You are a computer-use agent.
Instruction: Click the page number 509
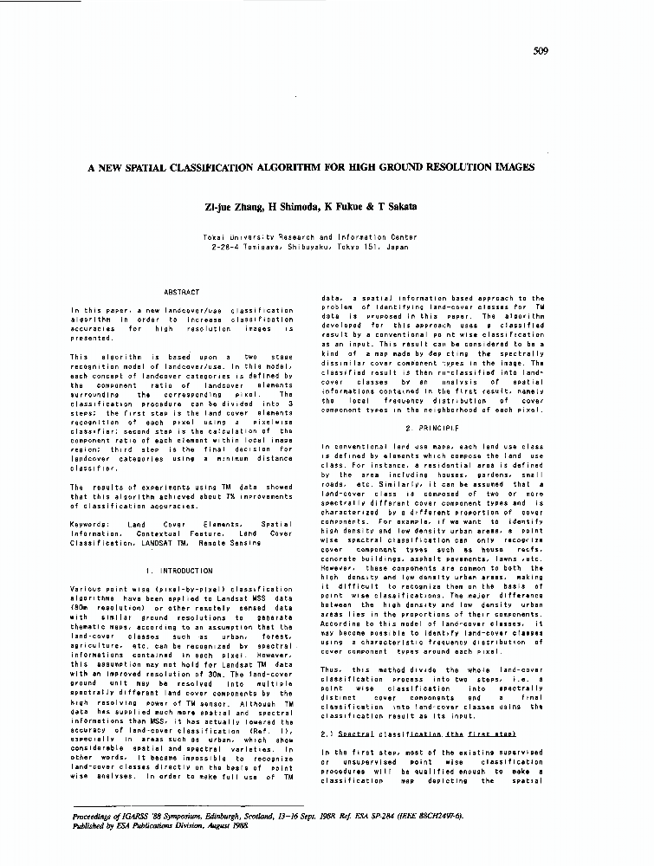tap(541, 51)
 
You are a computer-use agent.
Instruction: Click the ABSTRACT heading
tap(182, 293)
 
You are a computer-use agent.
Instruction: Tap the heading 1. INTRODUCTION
tap(181, 571)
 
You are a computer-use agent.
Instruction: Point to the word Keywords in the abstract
tap(87, 525)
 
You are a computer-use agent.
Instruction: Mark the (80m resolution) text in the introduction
tap(105, 607)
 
